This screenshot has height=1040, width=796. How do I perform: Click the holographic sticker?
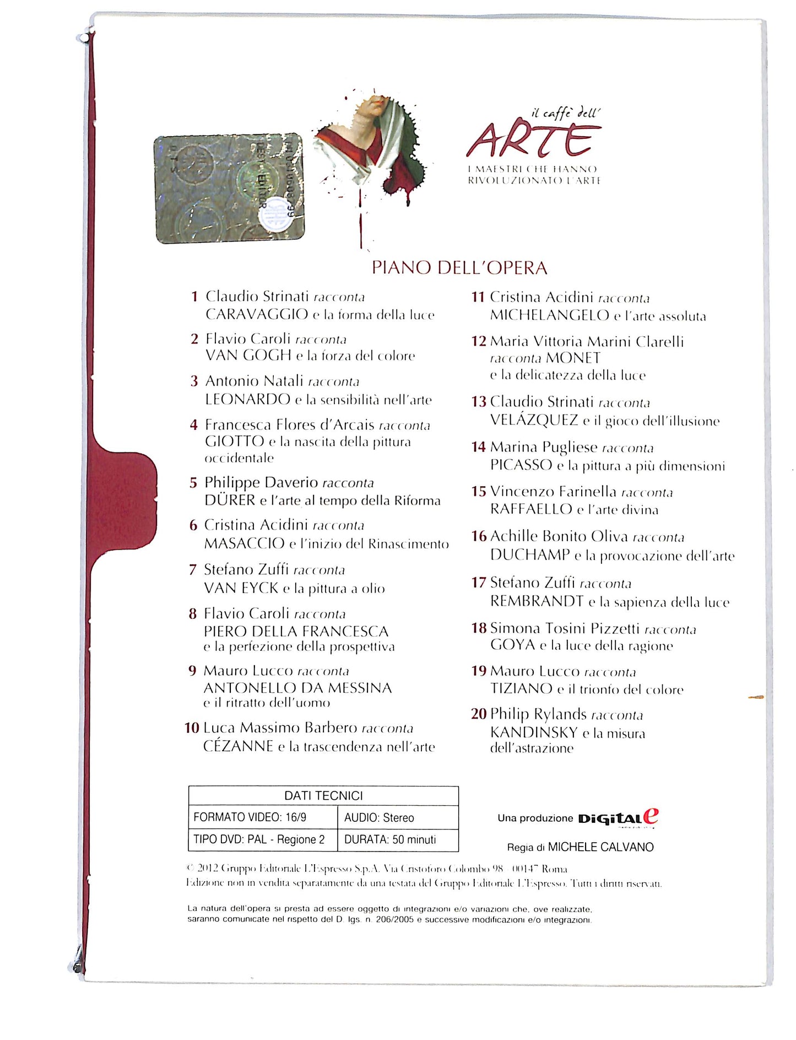click(229, 188)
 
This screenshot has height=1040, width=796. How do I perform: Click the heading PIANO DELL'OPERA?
click(459, 268)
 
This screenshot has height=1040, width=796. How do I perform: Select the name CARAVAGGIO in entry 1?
click(257, 314)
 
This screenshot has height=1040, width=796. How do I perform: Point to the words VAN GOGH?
click(248, 355)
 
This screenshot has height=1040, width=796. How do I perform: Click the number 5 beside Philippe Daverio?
click(193, 483)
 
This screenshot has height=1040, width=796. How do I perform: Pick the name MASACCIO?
click(245, 543)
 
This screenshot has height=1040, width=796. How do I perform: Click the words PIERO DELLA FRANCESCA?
click(296, 631)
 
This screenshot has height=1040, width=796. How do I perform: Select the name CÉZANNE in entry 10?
click(239, 746)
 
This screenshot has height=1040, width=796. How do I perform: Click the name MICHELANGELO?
click(550, 316)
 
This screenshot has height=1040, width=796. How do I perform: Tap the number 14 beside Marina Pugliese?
click(478, 447)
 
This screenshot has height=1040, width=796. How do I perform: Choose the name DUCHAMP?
click(530, 555)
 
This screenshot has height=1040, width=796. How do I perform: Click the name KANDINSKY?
click(534, 732)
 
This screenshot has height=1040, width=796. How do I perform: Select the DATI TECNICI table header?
click(323, 795)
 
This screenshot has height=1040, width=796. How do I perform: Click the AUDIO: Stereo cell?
click(379, 817)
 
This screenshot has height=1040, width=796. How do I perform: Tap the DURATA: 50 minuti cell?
click(390, 839)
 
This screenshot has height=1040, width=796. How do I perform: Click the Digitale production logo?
click(618, 818)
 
